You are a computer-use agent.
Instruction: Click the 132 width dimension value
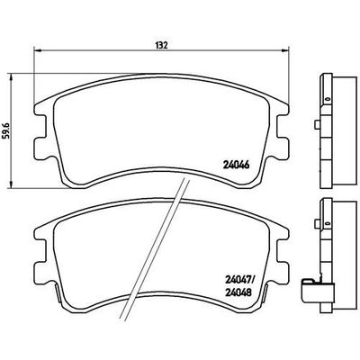tap(163, 42)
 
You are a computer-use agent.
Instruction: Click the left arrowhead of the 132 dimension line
tap(33, 49)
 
